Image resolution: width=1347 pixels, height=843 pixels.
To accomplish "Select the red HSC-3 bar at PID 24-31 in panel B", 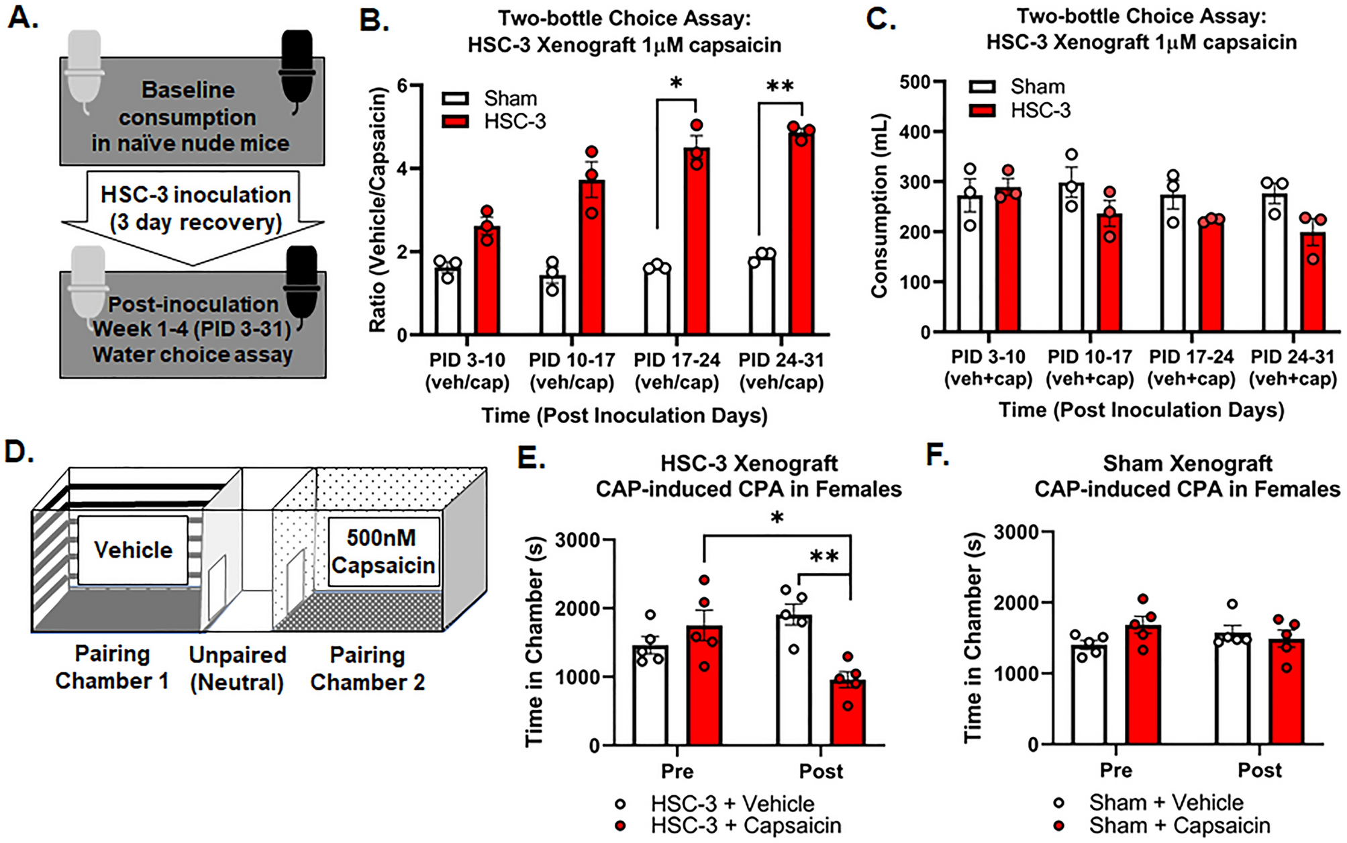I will (x=801, y=235).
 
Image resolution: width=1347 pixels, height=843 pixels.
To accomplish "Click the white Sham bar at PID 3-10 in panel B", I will (x=448, y=302).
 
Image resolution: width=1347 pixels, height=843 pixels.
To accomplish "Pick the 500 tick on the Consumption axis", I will (x=914, y=82).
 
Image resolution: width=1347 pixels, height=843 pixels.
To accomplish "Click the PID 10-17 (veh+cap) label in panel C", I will (x=1089, y=367).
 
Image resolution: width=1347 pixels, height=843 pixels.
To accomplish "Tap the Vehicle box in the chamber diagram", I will (x=133, y=550).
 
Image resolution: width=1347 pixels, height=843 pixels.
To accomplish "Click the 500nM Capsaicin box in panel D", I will (x=383, y=551).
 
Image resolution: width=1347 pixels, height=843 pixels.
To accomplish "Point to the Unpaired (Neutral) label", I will (x=237, y=668).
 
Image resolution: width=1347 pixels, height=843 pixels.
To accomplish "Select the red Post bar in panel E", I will (x=848, y=713).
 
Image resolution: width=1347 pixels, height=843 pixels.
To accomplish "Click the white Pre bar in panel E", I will (x=650, y=695).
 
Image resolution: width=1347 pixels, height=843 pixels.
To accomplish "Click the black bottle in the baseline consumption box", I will (x=297, y=67).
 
